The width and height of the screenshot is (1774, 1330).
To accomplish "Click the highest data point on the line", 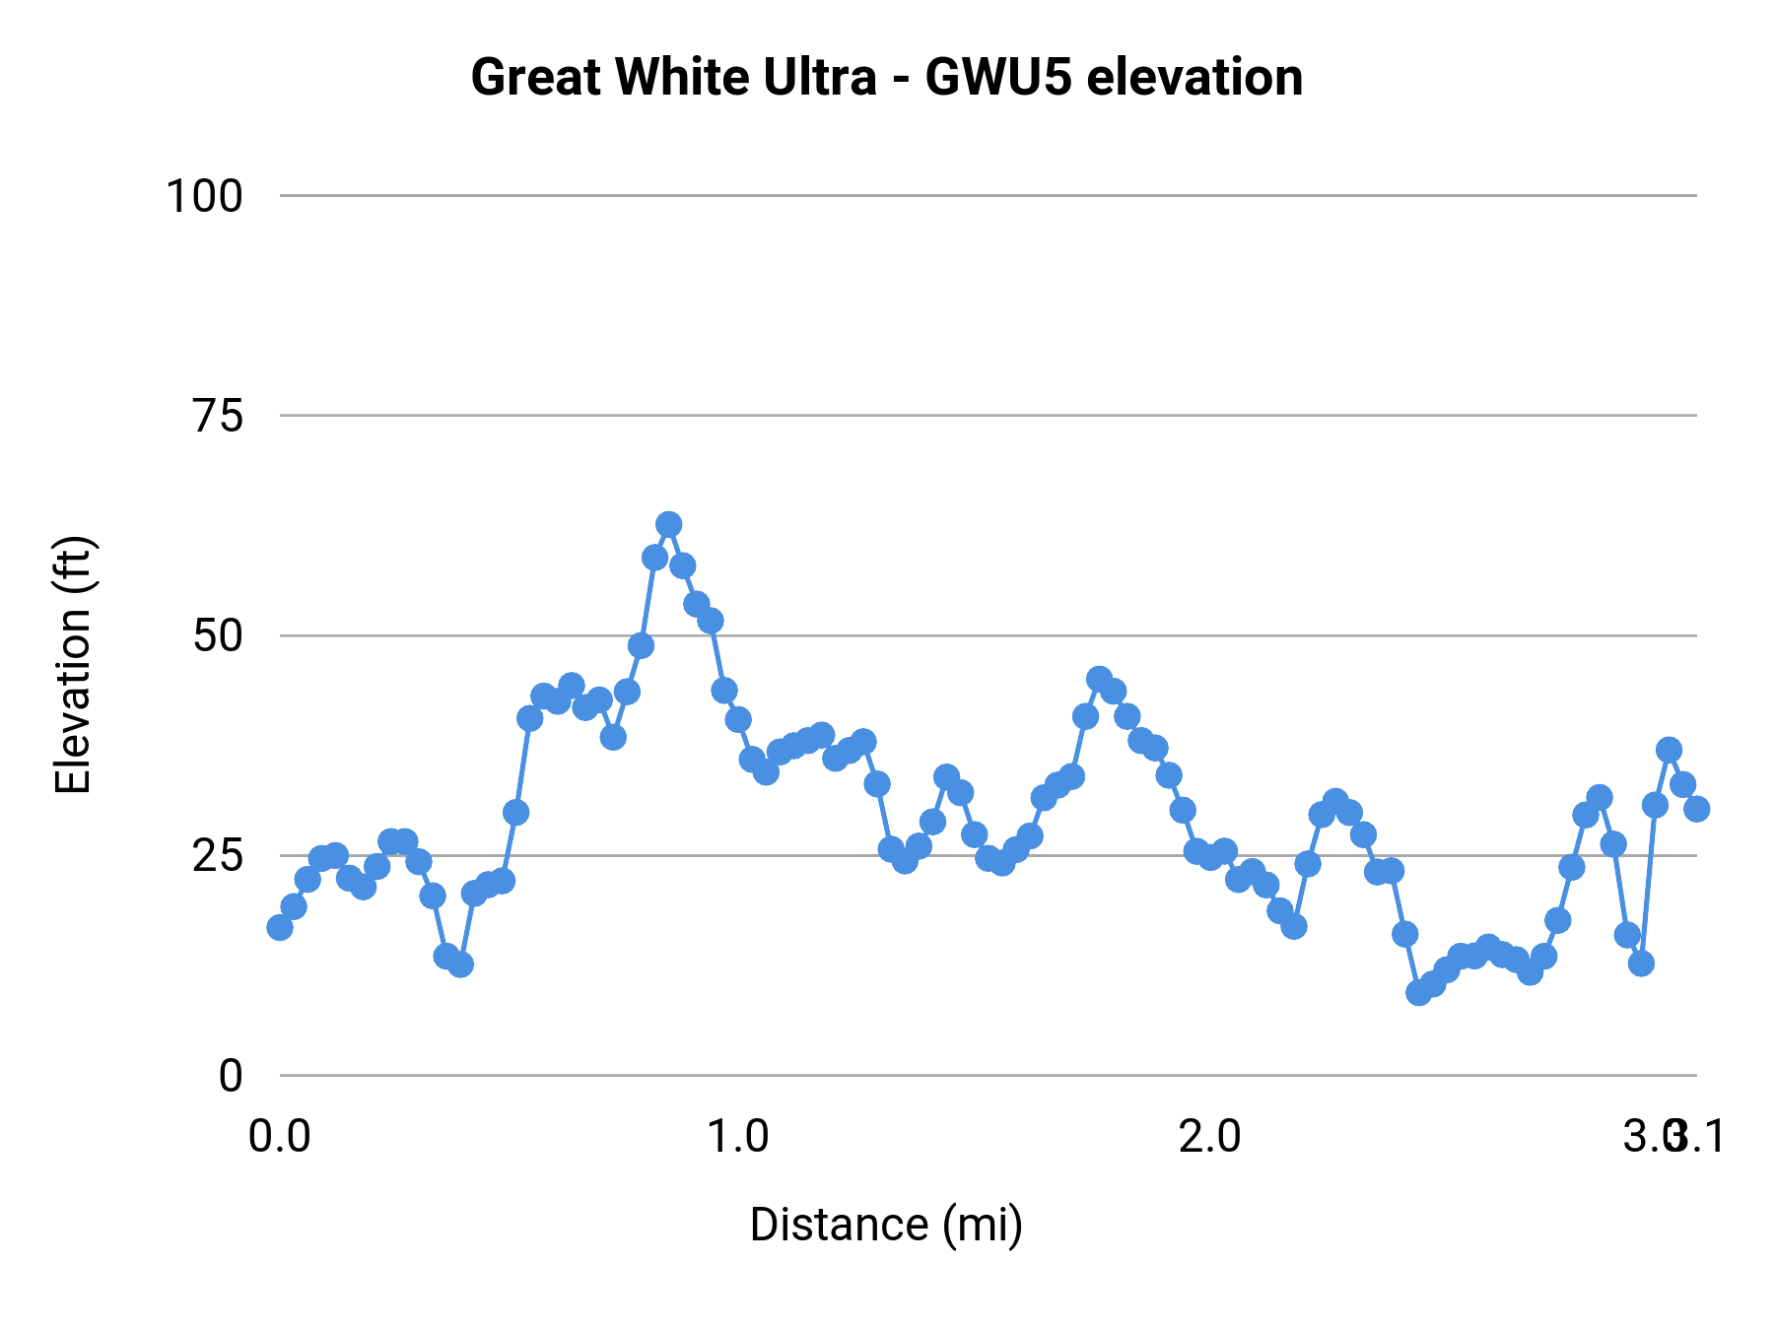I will pyautogui.click(x=669, y=524).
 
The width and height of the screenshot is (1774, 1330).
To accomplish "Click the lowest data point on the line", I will pyautogui.click(x=1418, y=992).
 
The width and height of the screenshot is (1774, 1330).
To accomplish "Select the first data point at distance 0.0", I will pyautogui.click(x=280, y=927).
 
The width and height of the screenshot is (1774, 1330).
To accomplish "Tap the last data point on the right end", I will pyautogui.click(x=1696, y=809).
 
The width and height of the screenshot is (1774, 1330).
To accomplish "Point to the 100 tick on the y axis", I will pyautogui.click(x=204, y=196).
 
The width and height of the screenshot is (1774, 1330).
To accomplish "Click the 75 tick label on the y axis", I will pyautogui.click(x=218, y=417).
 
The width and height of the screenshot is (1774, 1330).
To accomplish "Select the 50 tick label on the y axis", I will pyautogui.click(x=218, y=636).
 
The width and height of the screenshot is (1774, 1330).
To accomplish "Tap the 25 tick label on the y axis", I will pyautogui.click(x=218, y=856).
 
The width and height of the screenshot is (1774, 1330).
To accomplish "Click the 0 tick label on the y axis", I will pyautogui.click(x=231, y=1076).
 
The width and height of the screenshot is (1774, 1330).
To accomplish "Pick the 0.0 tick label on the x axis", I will pyautogui.click(x=280, y=1137).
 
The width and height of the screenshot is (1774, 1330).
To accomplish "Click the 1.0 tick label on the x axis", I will pyautogui.click(x=738, y=1137).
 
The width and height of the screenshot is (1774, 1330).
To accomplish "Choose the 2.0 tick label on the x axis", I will pyautogui.click(x=1209, y=1137).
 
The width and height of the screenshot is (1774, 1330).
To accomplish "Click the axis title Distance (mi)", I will pyautogui.click(x=886, y=1225).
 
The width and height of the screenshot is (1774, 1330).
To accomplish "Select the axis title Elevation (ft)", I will pyautogui.click(x=73, y=665).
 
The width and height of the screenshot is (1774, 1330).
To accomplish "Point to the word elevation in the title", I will pyautogui.click(x=1194, y=77).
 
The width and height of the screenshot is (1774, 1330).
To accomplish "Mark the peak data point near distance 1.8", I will pyautogui.click(x=1099, y=679).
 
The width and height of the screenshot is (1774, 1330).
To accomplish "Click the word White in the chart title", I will pyautogui.click(x=670, y=77).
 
